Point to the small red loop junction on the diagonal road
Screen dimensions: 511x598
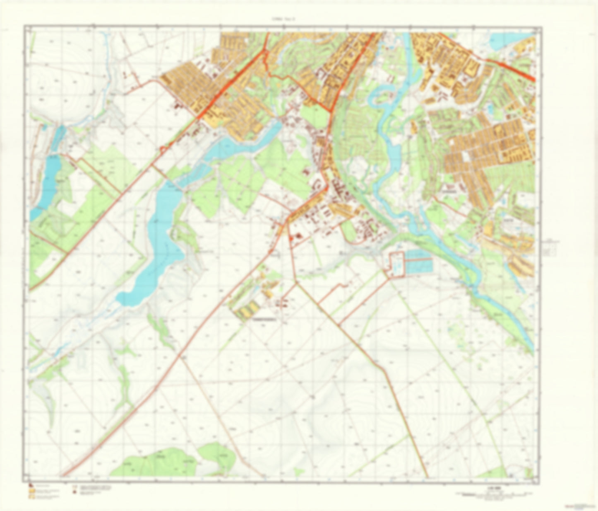[x=164, y=148]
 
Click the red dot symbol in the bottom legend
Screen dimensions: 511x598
[x=75, y=493]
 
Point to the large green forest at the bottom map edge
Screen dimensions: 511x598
[x=174, y=460]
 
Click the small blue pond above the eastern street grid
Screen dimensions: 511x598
[x=490, y=109]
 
